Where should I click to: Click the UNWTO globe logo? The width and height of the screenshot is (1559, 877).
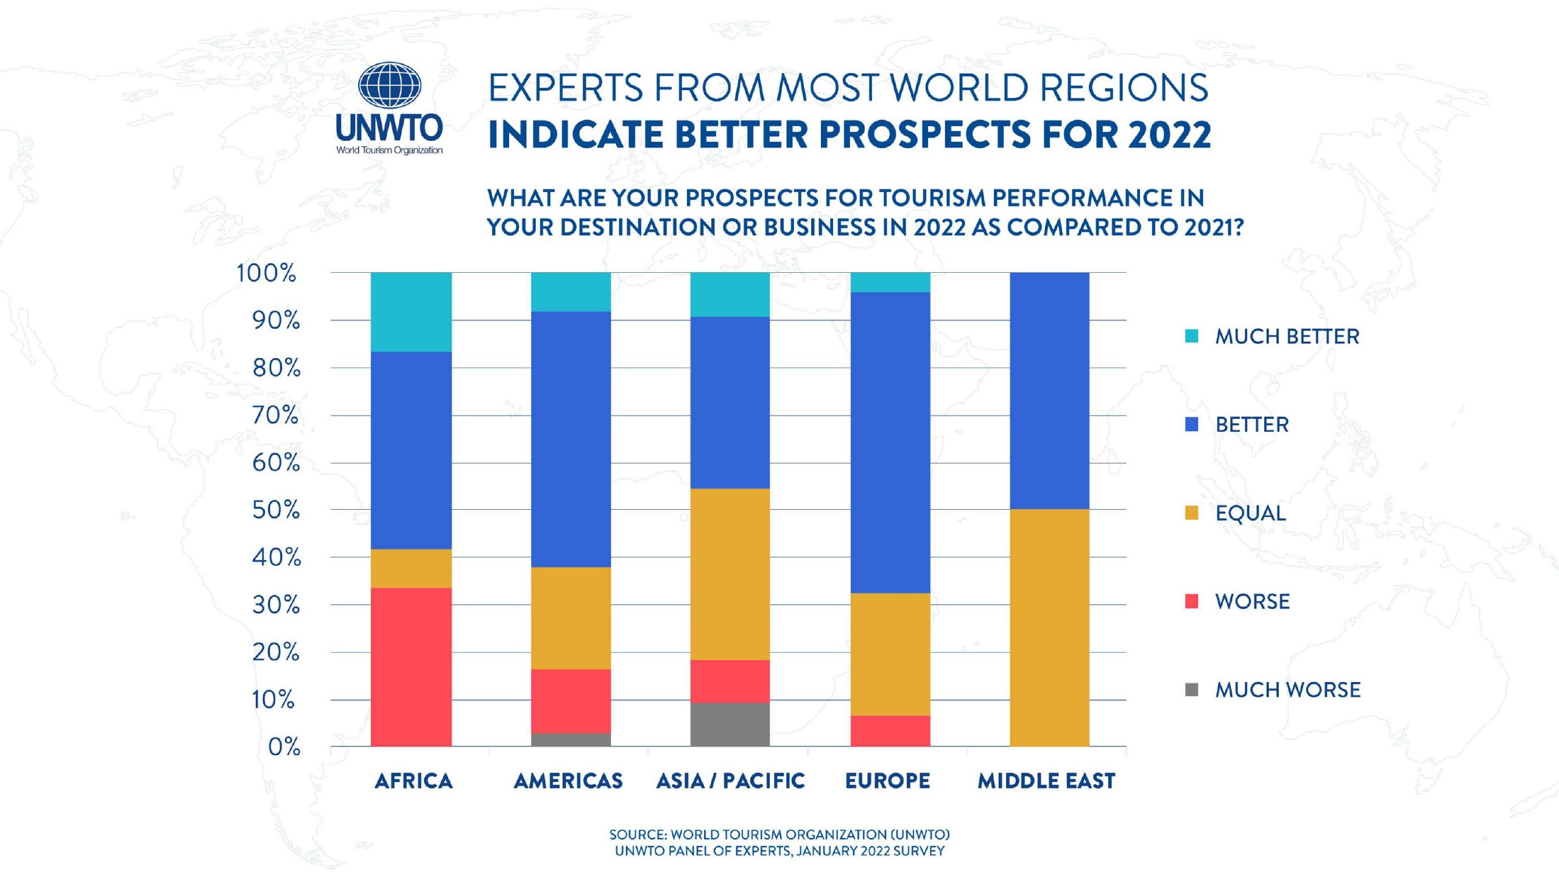point(389,85)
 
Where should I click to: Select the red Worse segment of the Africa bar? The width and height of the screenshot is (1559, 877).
point(411,667)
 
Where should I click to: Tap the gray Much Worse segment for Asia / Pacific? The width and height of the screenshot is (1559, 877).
point(730,724)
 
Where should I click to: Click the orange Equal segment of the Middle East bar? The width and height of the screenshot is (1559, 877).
point(1049,627)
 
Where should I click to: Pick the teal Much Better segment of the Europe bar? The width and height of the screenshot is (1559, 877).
point(890,282)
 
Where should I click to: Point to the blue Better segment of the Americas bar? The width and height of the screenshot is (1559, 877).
point(571,439)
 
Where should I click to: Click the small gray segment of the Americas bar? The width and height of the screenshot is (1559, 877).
point(571,740)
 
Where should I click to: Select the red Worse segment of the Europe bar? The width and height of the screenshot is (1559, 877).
point(890,731)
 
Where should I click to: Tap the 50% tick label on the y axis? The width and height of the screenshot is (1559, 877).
point(276,510)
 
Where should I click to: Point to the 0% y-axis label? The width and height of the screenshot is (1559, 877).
point(284,747)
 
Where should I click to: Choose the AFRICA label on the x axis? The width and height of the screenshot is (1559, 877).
point(414,781)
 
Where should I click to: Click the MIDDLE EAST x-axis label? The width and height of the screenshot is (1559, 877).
point(1046,781)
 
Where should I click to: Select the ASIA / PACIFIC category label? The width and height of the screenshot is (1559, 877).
point(730,781)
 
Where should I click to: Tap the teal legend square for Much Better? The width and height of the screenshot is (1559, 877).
point(1192,336)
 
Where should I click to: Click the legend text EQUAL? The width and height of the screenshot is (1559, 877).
point(1250,513)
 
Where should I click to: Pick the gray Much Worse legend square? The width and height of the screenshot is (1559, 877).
point(1192,690)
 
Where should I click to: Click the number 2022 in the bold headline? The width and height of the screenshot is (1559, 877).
point(1169,135)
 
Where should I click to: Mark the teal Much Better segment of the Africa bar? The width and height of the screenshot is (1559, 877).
point(411,312)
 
